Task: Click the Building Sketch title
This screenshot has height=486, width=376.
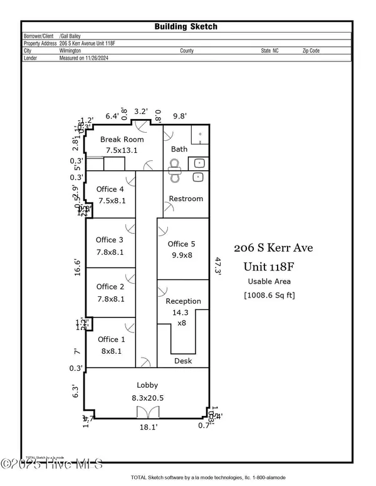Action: coord(186,26)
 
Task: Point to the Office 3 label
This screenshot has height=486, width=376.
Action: coord(110,240)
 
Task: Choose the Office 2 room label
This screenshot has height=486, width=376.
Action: coord(110,287)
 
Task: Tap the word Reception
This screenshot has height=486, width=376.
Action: coord(183,301)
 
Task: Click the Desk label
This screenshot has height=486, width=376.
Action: coord(183,361)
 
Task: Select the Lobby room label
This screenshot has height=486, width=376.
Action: coord(147,385)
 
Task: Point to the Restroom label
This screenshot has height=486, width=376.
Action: coord(186,199)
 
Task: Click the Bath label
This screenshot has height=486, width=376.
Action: coord(179,149)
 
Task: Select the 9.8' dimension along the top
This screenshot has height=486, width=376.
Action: coord(180,115)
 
